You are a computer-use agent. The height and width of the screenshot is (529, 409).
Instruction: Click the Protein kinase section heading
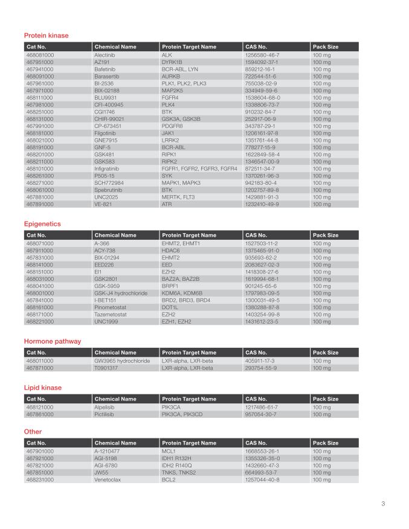[x=46, y=36]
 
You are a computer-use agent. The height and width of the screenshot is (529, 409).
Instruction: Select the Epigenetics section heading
[x=42, y=224]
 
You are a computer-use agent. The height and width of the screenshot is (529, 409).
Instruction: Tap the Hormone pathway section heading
[x=53, y=341]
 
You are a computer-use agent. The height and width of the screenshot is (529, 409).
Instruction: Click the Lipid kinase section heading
[x=42, y=388]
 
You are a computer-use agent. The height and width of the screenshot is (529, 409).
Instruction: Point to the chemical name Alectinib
[x=105, y=55]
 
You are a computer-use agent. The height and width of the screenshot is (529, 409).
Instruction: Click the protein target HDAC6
[x=172, y=251]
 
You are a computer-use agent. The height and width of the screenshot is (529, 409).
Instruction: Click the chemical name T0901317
[x=106, y=367]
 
